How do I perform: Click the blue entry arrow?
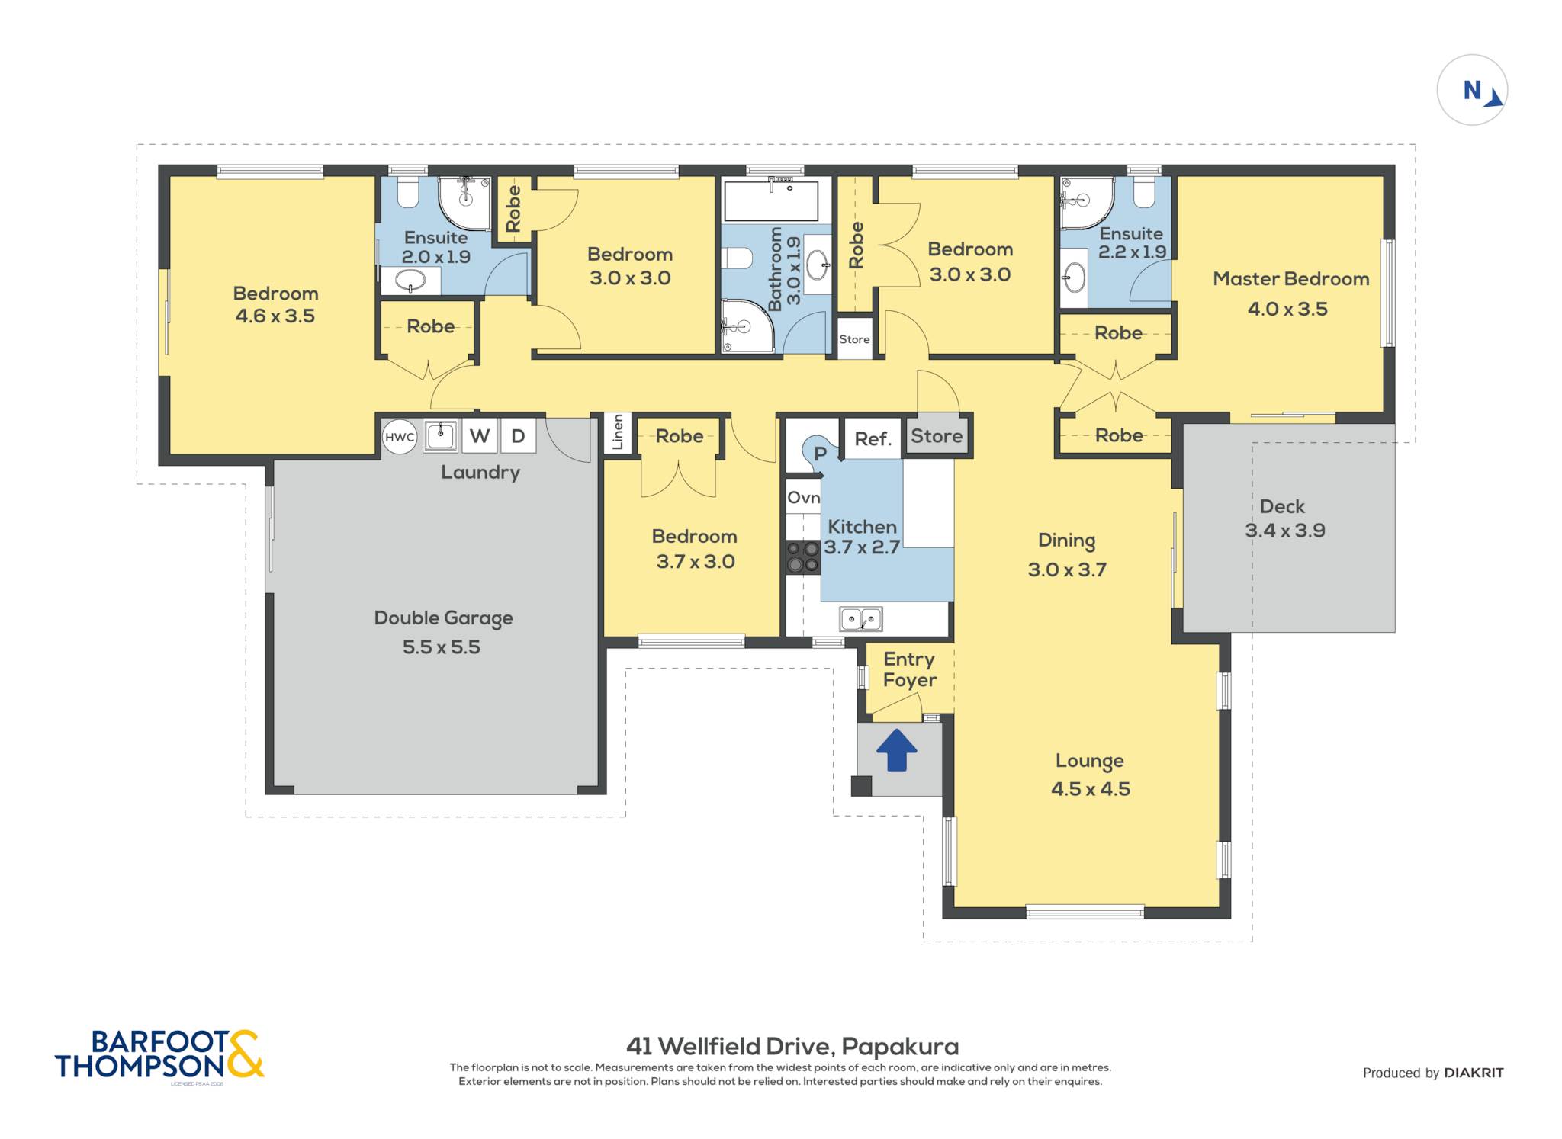click(896, 750)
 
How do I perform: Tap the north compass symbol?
click(1472, 90)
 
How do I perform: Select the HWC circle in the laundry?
click(400, 437)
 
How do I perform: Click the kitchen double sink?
click(861, 619)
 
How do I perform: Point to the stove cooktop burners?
click(803, 557)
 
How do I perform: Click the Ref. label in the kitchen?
click(873, 438)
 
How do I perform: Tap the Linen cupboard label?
click(618, 432)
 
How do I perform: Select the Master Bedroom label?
click(1290, 279)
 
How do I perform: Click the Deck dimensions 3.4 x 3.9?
click(1285, 531)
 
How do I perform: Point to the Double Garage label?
click(443, 618)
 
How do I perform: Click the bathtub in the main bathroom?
click(771, 201)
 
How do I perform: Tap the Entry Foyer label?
click(909, 669)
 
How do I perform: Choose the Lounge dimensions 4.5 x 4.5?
click(1091, 789)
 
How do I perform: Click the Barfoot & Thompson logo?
click(159, 1054)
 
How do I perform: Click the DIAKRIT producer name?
click(1474, 1073)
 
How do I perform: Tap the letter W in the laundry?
click(480, 436)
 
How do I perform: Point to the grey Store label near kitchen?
click(937, 436)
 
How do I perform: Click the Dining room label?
click(1066, 541)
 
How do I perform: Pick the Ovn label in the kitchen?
click(803, 498)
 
